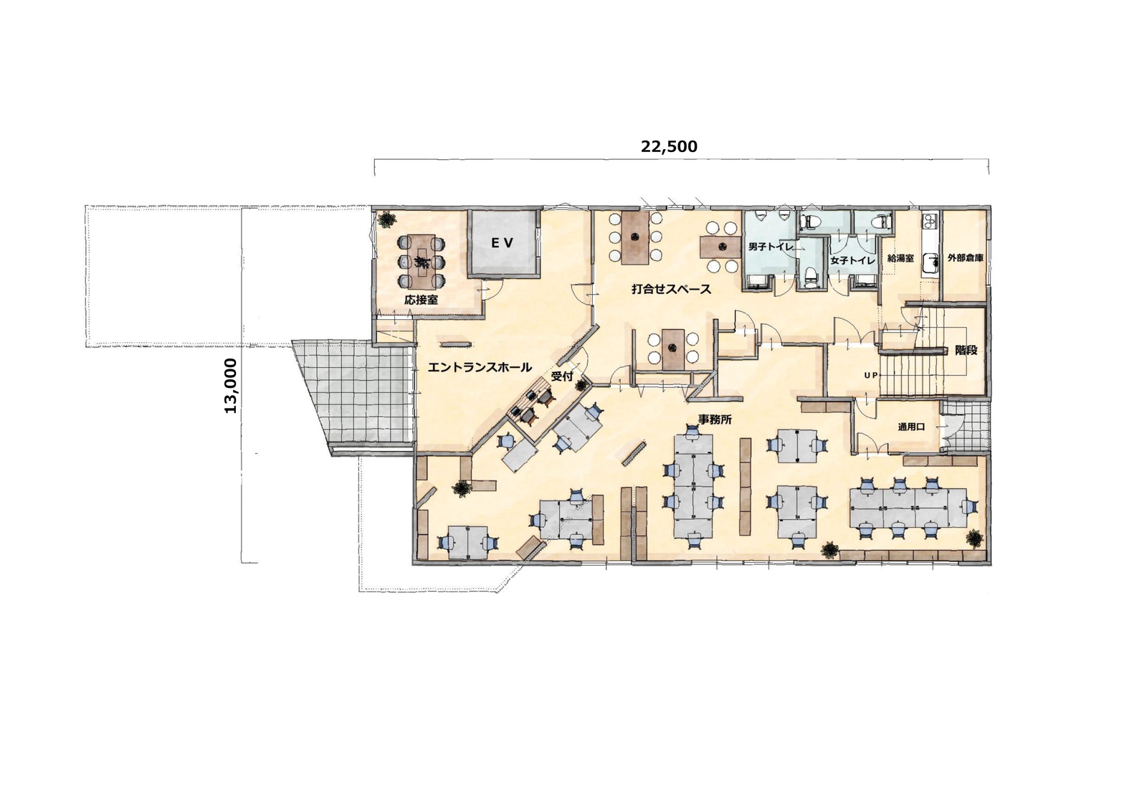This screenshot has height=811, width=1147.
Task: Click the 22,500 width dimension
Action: (669, 146)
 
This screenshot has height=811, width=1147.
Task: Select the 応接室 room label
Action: (421, 300)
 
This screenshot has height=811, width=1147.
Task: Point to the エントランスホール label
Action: (480, 367)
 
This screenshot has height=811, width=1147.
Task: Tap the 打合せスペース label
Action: (671, 290)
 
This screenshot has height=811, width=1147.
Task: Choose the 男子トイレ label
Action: (771, 247)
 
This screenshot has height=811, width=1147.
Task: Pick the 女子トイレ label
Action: (852, 261)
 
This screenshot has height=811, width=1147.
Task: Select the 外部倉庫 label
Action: (965, 258)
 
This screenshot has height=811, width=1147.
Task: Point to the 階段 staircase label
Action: (966, 351)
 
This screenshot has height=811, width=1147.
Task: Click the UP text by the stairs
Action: (870, 375)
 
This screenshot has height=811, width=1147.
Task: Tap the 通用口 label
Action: (911, 427)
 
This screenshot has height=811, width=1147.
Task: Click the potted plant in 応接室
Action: (387, 219)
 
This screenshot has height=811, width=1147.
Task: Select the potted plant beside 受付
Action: (581, 385)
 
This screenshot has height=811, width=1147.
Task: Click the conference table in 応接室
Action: (422, 262)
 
